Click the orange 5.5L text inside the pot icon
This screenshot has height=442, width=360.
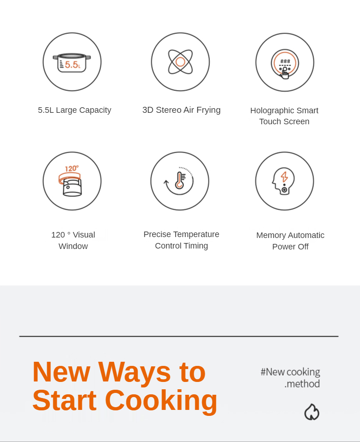(73, 65)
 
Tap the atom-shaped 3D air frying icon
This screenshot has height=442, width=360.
(180, 62)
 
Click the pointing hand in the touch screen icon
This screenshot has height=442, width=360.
(285, 73)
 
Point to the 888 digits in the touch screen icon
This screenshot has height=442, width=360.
(285, 61)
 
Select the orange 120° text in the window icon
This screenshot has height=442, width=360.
(71, 169)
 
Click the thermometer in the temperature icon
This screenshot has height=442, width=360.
(180, 180)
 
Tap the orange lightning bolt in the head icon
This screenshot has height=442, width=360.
(284, 177)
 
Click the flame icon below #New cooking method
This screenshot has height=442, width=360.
(312, 412)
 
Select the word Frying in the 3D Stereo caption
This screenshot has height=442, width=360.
(208, 110)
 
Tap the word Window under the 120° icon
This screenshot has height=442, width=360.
(73, 246)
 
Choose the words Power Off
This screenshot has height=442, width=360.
(290, 247)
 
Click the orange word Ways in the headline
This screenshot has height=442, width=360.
(134, 372)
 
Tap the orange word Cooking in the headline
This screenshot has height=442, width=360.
(161, 401)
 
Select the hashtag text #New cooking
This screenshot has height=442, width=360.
(290, 372)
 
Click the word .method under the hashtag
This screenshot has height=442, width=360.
(302, 384)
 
